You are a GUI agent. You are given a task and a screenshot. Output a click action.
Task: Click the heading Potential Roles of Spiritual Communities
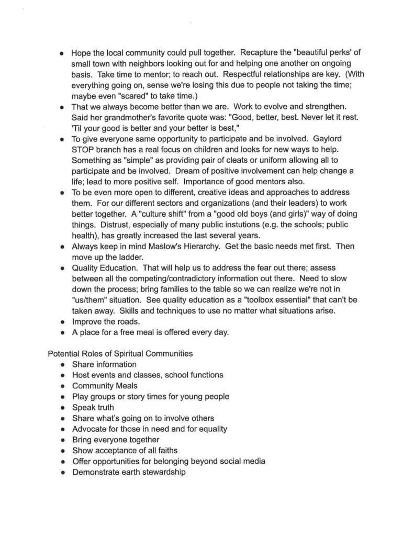120,353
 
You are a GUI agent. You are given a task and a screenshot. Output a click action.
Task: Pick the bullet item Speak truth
93,407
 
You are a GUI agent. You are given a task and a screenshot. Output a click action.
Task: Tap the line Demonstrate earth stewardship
129,472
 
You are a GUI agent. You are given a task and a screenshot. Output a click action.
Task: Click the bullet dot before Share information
62,364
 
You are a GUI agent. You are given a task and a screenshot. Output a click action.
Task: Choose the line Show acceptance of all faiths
125,450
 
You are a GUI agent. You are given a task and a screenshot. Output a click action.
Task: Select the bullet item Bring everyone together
116,440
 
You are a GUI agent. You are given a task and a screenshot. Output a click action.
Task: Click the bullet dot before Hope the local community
62,53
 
